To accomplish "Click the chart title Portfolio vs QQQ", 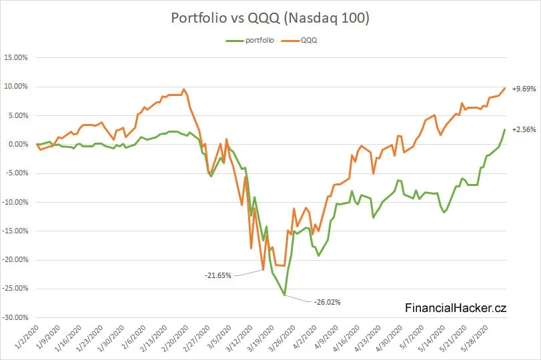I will point(270,18).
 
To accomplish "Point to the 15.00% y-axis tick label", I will point(15,58).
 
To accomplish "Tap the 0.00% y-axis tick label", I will point(17,144).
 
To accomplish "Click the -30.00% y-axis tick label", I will point(15,317).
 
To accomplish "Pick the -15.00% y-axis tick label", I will point(15,231).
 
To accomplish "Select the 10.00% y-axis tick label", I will point(15,87).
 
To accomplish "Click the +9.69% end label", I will point(524,89).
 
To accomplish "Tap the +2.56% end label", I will point(524,130).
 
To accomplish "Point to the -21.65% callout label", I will point(217,275).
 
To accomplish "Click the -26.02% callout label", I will point(327,302).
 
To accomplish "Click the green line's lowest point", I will point(285,295).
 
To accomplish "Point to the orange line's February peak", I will point(184,89).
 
